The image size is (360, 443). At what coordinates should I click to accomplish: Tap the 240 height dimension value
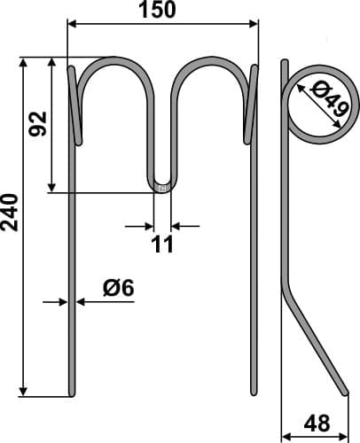click(x=11, y=213)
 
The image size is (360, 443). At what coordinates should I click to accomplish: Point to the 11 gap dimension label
click(x=162, y=244)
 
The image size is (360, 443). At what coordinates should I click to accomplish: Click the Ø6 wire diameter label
click(x=117, y=287)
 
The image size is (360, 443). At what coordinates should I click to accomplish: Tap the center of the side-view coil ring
click(x=317, y=104)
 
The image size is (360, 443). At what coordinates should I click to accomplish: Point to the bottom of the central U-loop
click(x=162, y=188)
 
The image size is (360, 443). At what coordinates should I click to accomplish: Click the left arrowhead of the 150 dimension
click(x=72, y=24)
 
